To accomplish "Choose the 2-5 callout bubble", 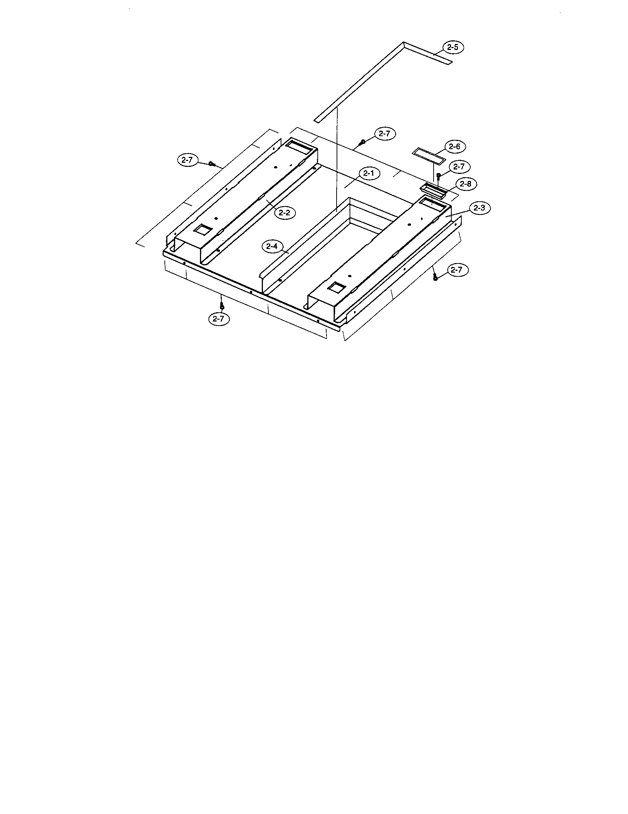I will [x=453, y=48].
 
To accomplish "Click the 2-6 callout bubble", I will [x=454, y=147].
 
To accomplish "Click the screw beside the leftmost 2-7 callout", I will [x=212, y=164].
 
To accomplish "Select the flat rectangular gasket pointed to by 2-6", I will [x=429, y=156].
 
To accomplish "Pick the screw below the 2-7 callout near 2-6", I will [x=438, y=176].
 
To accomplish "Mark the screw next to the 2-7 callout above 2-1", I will [x=362, y=142].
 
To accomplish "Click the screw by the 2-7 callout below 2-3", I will [x=435, y=277].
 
